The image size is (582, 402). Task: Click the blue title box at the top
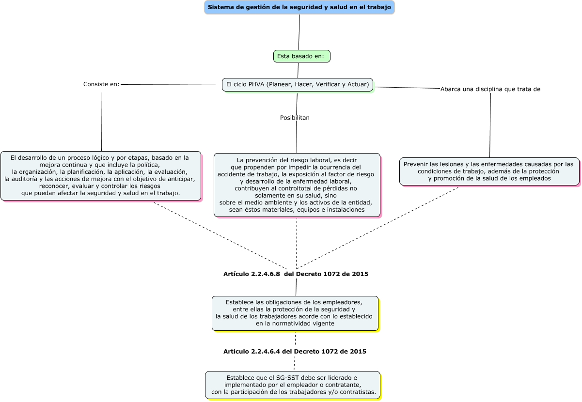click(299, 7)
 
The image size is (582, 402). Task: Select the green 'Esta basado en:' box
click(301, 56)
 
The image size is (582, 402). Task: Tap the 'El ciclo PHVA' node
click(298, 85)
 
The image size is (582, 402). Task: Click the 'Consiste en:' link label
click(101, 84)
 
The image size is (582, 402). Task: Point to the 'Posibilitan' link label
click(295, 118)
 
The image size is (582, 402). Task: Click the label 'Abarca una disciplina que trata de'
click(490, 89)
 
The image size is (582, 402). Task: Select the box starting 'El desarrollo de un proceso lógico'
click(101, 175)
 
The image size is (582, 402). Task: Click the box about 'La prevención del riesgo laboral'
click(297, 185)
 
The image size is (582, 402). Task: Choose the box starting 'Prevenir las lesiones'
click(489, 171)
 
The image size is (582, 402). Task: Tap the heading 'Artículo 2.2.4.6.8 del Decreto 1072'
click(296, 274)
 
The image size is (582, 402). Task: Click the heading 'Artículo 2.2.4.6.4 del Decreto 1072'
click(295, 352)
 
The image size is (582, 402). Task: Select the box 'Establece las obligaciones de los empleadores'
click(295, 313)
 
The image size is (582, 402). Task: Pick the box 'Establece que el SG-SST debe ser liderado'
click(292, 385)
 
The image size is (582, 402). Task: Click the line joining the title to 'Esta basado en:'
click(299, 32)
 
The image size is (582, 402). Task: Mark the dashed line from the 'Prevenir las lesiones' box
click(378, 228)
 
